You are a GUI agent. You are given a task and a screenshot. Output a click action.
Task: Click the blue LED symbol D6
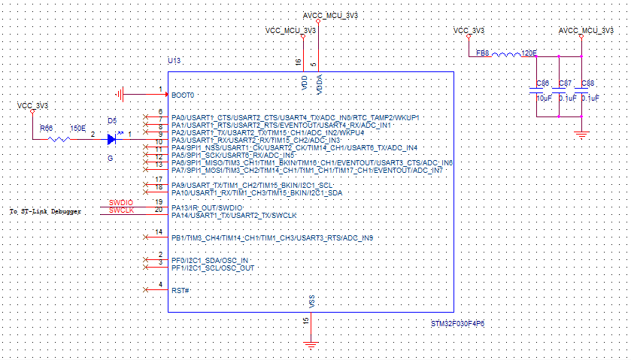click(x=112, y=138)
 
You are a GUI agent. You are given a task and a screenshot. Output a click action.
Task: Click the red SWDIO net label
click(x=121, y=202)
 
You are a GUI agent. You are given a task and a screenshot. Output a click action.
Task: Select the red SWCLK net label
click(x=121, y=210)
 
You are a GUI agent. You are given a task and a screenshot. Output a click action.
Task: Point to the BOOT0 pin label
click(x=183, y=95)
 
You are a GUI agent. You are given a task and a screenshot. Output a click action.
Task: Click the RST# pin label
click(x=180, y=290)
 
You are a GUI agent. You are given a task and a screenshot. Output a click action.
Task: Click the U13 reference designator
click(x=174, y=59)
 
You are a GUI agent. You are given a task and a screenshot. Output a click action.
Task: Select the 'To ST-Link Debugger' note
click(x=45, y=212)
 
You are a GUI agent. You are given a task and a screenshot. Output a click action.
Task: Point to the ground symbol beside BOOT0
click(x=120, y=95)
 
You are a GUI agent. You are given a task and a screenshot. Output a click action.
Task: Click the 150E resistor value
click(x=77, y=128)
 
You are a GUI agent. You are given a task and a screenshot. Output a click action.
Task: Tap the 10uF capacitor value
click(x=543, y=98)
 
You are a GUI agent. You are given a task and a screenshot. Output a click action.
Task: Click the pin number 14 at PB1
click(x=158, y=231)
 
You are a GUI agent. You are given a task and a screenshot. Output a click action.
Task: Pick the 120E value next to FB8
click(x=529, y=53)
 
